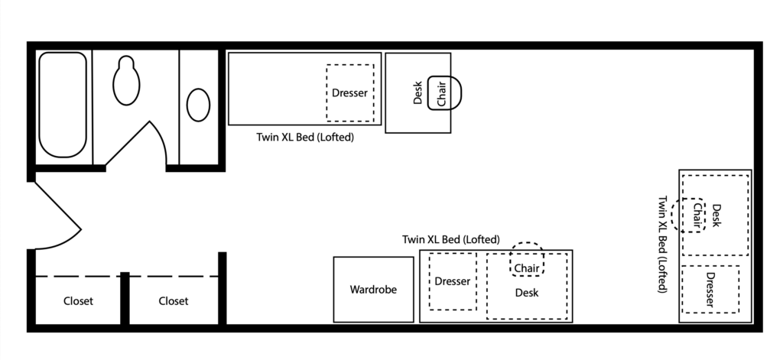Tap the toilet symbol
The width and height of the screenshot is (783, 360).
pos(126,80)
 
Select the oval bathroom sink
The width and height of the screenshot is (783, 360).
pos(198,105)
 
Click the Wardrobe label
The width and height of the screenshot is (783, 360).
pos(373,290)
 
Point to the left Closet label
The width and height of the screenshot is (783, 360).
pos(79,301)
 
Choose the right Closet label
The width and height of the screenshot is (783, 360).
pos(174,301)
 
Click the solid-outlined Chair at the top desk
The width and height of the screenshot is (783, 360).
pos(444,93)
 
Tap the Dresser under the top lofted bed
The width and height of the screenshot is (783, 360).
pos(349,93)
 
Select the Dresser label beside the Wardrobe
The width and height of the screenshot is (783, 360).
pos(453,281)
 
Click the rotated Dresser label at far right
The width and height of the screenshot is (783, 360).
pos(710,290)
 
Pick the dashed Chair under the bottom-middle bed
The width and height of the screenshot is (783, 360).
pos(527,259)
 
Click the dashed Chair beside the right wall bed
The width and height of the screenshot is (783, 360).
pos(689,215)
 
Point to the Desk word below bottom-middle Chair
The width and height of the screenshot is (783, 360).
pos(527,293)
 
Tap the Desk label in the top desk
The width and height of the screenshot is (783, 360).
pos(418,93)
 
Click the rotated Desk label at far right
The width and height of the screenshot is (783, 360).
pos(716,216)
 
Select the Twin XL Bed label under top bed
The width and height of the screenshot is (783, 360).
pos(305,138)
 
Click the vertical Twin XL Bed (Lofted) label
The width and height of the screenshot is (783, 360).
pos(663,244)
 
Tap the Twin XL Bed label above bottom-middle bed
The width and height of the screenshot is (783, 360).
pos(451,240)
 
